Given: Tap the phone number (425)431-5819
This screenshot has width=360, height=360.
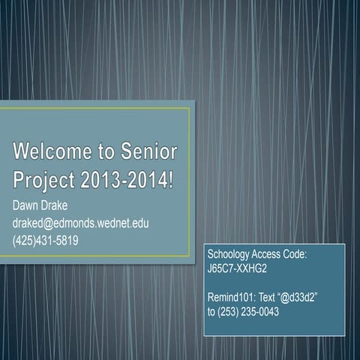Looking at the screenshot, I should (46, 240).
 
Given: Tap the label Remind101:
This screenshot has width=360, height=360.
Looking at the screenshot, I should (232, 297).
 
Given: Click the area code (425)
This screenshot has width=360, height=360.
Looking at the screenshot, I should (24, 240).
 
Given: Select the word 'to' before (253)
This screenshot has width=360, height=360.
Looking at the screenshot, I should (211, 310).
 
